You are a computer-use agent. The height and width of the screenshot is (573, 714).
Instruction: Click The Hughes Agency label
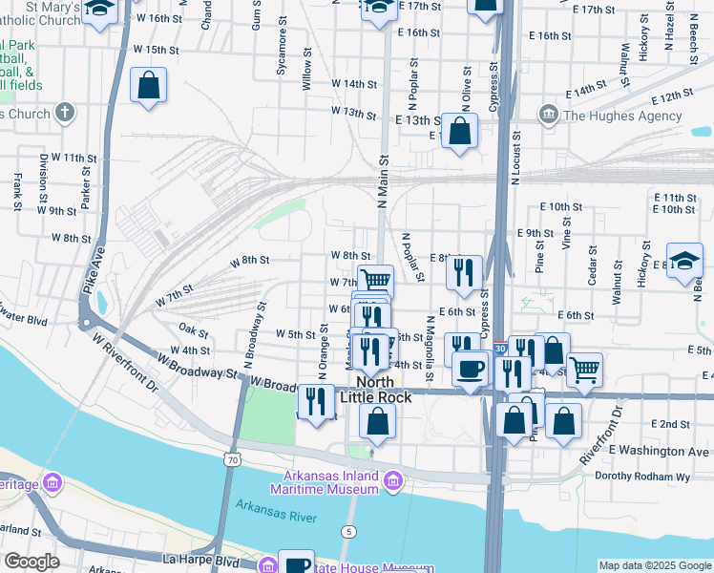(623, 117)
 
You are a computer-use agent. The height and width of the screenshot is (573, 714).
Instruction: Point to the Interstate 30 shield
(500, 350)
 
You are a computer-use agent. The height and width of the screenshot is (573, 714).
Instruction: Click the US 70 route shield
(234, 459)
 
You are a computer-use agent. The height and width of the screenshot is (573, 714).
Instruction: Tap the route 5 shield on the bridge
(351, 530)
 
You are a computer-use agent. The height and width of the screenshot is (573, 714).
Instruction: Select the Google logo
(31, 562)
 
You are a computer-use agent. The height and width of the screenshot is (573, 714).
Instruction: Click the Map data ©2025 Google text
(654, 565)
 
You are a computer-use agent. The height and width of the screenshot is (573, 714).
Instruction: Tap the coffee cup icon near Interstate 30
(470, 370)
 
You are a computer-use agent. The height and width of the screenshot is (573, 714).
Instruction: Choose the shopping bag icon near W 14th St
(149, 86)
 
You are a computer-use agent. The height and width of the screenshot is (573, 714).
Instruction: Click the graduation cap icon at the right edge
(685, 262)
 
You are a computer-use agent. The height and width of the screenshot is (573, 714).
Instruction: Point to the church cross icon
(65, 114)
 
